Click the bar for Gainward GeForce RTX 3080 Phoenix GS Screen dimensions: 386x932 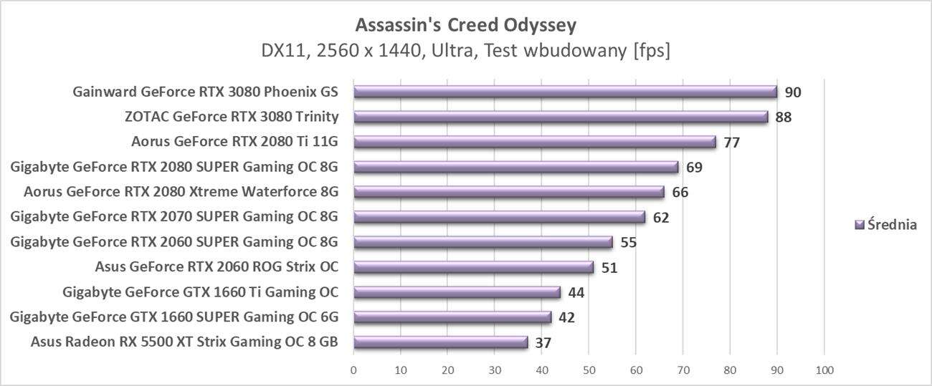[565, 92]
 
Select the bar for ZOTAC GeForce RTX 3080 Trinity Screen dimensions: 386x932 [560, 117]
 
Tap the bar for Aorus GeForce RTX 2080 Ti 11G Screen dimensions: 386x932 [534, 142]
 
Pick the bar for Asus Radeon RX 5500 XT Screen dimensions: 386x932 [440, 342]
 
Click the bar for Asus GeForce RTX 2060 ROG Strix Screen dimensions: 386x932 [473, 267]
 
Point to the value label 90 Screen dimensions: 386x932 [792, 92]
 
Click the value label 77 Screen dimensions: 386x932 [731, 143]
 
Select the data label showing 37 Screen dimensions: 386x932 [543, 343]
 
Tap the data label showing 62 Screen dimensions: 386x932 [660, 218]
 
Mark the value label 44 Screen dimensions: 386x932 [576, 293]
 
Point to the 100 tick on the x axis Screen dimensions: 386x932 [824, 370]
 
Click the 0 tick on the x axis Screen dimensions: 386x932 [353, 370]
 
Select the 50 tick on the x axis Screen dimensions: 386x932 [589, 370]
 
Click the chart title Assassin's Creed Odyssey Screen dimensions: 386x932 [466, 25]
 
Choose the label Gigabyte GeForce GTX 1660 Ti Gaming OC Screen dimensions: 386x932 [200, 292]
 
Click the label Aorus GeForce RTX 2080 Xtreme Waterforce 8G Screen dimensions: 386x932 [181, 192]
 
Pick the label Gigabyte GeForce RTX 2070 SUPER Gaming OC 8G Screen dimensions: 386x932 [174, 217]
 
